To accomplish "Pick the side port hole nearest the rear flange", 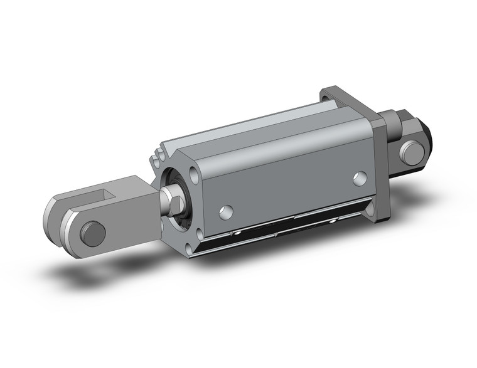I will point(359,178).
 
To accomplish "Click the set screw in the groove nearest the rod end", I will point(238,233).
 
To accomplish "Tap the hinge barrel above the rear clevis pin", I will point(395,122).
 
